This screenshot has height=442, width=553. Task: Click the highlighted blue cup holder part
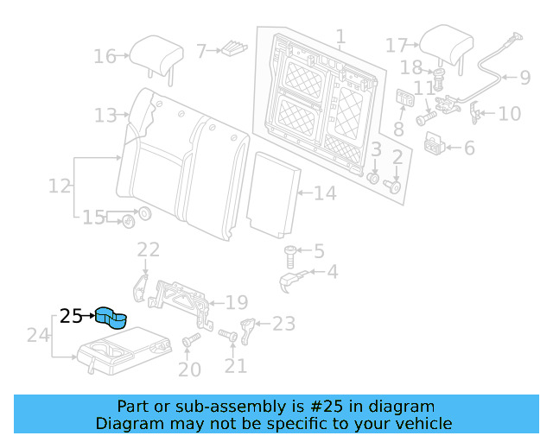[x=111, y=318]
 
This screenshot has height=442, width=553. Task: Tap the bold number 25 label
[x=71, y=317]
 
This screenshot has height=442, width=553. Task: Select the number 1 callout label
[x=340, y=37]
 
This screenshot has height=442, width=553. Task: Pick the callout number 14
[x=325, y=193]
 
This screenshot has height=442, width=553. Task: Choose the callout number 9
[x=524, y=78]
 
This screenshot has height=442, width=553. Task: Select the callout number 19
[x=237, y=303]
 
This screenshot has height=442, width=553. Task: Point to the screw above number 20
[x=189, y=343]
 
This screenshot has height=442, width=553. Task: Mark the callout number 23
[x=283, y=324]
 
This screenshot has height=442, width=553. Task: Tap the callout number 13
[x=105, y=115]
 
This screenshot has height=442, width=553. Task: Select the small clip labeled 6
[x=437, y=145]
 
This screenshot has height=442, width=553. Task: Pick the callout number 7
[x=200, y=52]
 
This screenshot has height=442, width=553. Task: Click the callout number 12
[x=59, y=186]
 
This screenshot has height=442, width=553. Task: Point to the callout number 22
[x=149, y=250]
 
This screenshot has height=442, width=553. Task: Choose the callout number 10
[x=510, y=114]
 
